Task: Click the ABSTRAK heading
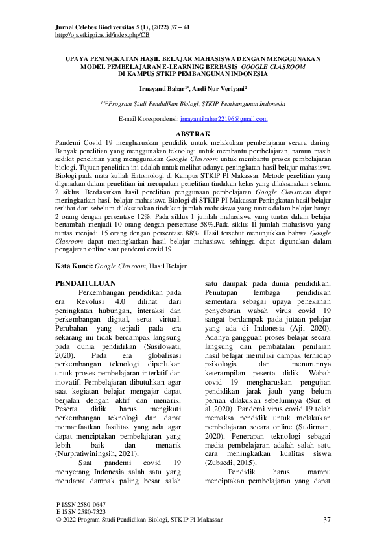(193, 133)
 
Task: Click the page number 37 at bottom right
(327, 520)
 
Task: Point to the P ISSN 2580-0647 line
(81, 505)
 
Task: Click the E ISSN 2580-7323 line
(81, 513)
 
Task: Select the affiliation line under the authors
(193, 103)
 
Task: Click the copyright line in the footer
(139, 520)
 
